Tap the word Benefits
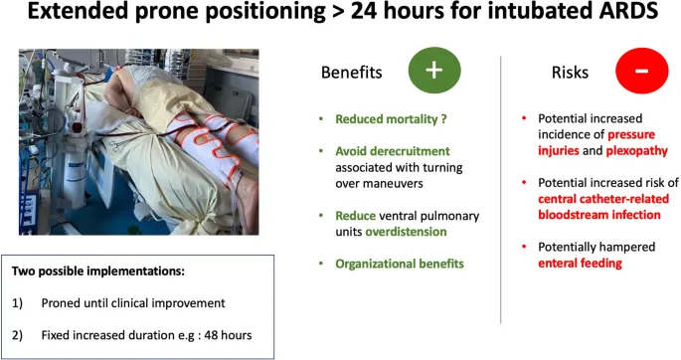[x=353, y=73]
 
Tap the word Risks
[x=571, y=73]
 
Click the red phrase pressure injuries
[x=635, y=135]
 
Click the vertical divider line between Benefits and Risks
[x=500, y=189]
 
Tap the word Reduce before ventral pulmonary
[x=355, y=215]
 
